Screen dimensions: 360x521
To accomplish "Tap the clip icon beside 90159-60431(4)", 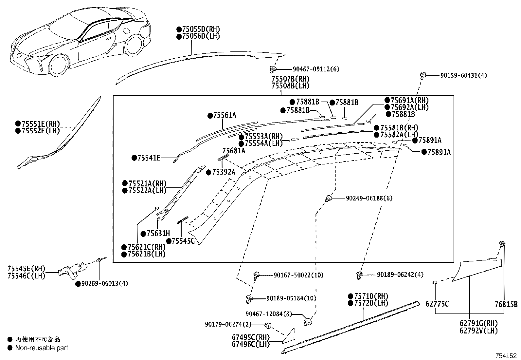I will (422, 75).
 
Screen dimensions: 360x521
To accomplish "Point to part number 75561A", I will (225, 115).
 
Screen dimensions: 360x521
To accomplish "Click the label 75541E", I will (149, 158).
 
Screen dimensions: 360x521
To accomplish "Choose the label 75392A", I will (224, 172).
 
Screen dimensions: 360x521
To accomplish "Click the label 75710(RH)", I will (369, 296).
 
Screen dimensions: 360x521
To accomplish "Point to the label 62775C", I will (437, 304).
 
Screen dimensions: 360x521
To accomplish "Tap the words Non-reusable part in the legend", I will (42, 348).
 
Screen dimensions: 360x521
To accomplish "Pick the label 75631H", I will (158, 234).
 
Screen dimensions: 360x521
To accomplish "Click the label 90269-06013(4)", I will (104, 284).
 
